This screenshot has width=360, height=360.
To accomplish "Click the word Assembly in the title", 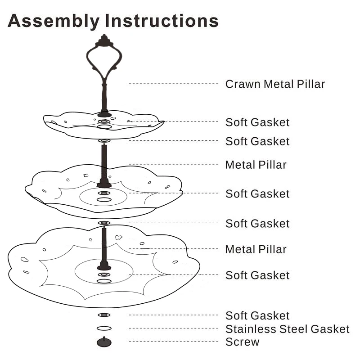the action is point(54,21).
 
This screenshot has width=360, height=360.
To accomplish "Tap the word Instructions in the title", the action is point(162,21).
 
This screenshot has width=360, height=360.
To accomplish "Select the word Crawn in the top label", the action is point(243,84).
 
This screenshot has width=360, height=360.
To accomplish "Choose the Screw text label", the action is point(243,342).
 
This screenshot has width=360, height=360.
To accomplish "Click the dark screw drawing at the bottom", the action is point(104,342).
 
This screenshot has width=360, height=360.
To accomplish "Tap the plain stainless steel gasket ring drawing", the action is point(104,328).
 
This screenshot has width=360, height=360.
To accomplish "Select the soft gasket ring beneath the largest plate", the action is point(104,315).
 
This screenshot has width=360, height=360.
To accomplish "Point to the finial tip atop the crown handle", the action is point(104,35).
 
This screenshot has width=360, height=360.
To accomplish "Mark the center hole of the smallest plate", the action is point(104,127).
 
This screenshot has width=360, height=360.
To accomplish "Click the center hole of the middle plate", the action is point(104,199).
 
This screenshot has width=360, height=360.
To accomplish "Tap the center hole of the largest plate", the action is point(104,281).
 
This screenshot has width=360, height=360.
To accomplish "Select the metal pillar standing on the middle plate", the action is point(104,166).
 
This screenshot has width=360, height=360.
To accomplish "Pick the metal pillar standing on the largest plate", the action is point(104,248).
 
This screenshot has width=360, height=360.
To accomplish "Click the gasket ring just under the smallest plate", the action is point(104,140).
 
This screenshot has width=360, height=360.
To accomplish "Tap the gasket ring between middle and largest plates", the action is point(104,223).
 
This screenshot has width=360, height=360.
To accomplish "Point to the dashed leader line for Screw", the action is point(174,342).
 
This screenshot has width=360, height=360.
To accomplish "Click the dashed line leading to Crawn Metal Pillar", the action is point(174,84).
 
